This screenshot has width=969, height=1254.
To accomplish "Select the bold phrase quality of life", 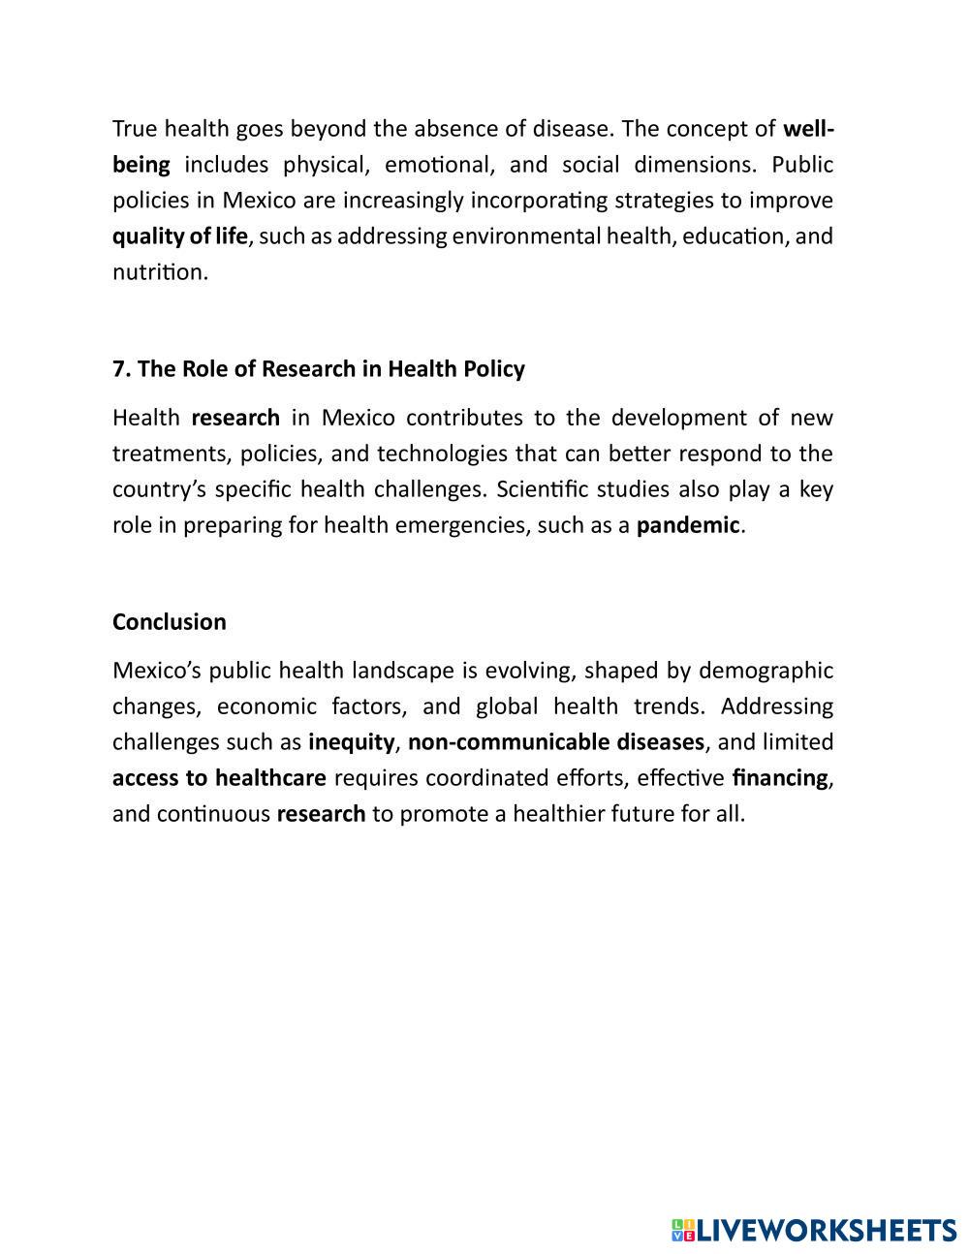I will pos(180,236).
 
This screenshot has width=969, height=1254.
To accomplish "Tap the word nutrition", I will pos(160,272).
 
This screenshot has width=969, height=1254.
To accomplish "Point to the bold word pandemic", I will pos(688,525).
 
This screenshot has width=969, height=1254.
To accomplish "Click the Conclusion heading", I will pos(170,622).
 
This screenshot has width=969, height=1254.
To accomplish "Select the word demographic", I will pos(766,671).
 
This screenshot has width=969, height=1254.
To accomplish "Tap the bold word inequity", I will pos(352,742).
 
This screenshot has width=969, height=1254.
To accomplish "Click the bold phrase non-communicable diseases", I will pos(556,742).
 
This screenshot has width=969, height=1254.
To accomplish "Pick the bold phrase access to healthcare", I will pos(219,778).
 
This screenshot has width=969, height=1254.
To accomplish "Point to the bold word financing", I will pos(780,778).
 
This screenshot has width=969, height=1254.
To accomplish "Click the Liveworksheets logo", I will pos(814,1230).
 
